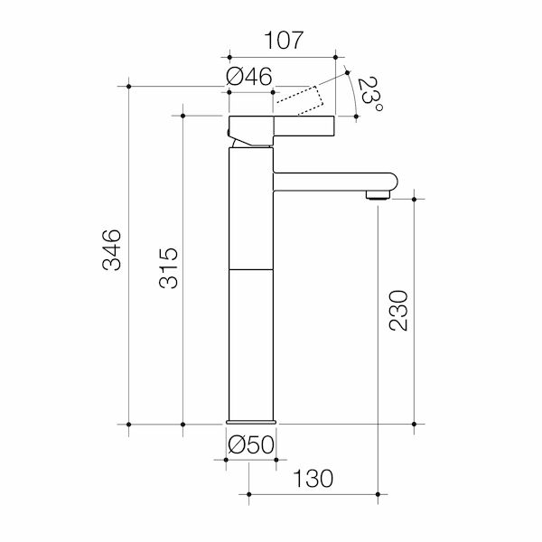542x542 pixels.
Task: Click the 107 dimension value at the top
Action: (284, 41)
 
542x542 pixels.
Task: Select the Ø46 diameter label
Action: (250, 78)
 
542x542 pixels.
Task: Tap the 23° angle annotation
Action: (369, 97)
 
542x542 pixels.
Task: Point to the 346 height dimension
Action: (110, 251)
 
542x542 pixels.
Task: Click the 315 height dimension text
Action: (168, 268)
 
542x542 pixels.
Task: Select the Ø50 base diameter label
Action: (250, 445)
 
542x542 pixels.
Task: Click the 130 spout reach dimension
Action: (313, 478)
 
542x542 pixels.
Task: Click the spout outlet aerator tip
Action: (377, 194)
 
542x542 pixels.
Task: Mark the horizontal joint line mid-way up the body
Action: (250, 268)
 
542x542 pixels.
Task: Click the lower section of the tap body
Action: (250, 343)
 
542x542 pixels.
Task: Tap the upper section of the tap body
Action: (250, 208)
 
